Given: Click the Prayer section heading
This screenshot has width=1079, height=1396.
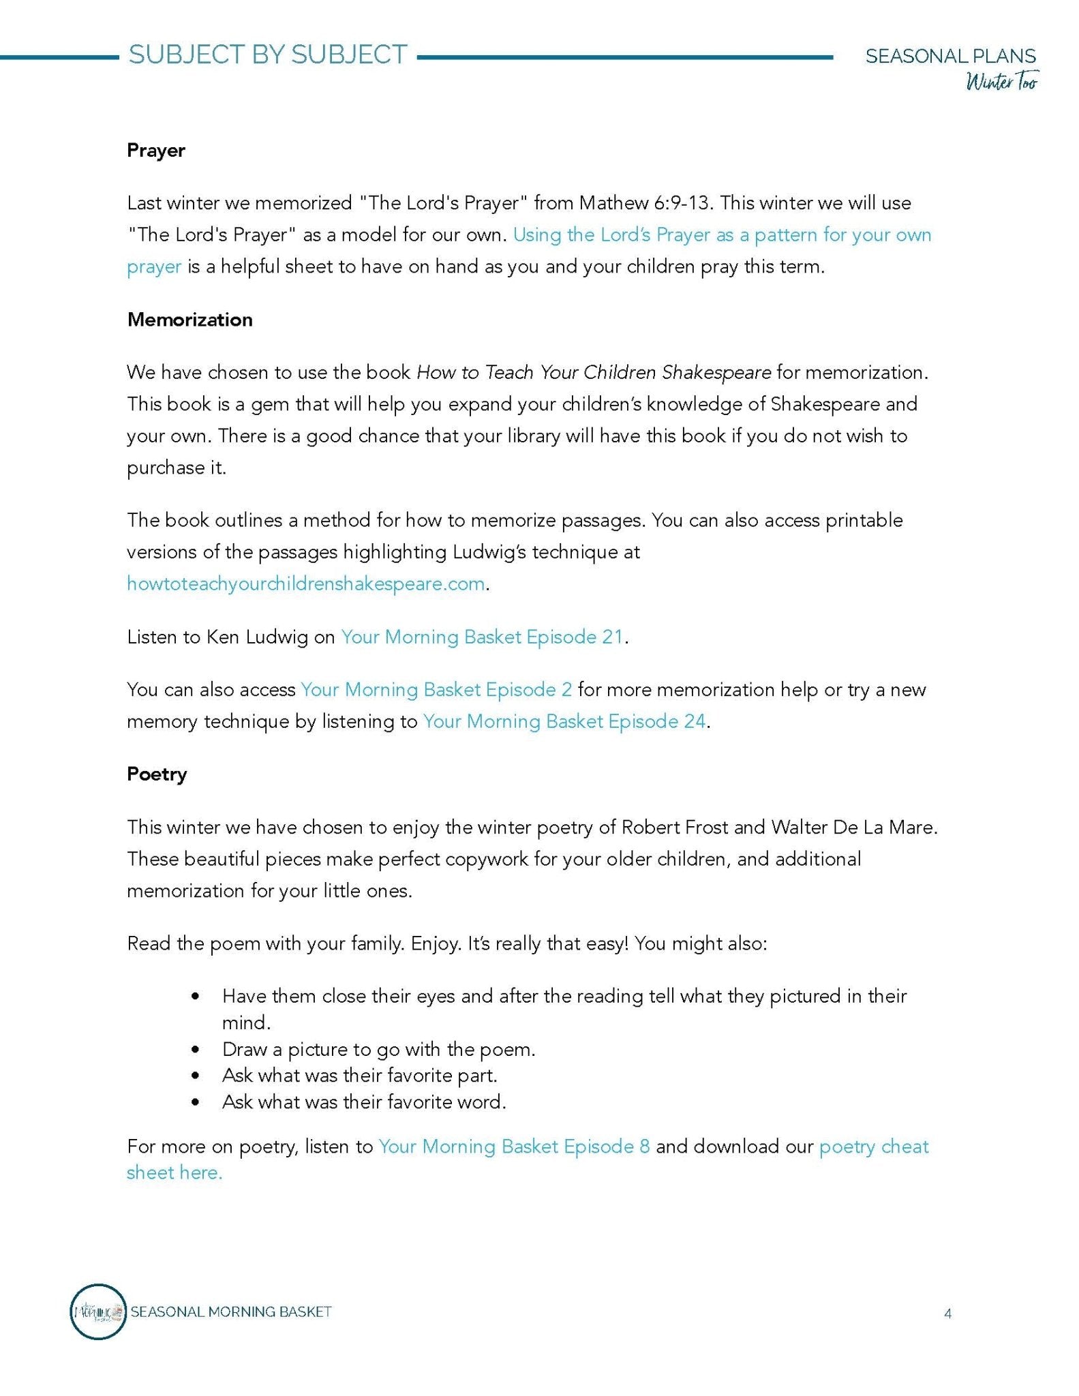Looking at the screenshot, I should tap(155, 151).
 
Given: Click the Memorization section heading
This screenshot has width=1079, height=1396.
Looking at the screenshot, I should tap(189, 320).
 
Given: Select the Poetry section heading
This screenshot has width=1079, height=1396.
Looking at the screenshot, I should tap(157, 774).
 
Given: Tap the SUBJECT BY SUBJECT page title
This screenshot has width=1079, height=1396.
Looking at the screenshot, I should tap(268, 55).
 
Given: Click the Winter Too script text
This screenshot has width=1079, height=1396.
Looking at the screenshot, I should tap(1001, 82).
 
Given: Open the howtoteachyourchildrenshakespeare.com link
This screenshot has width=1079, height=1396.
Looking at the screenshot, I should tap(305, 584).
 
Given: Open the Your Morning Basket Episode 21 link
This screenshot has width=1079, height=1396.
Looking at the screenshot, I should tap(482, 637).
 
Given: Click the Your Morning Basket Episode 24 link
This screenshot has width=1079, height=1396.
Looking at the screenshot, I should tap(564, 722).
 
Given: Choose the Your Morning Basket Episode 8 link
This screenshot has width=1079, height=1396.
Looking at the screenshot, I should tap(514, 1147).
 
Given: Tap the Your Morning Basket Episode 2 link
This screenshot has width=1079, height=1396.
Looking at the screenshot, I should tap(436, 690).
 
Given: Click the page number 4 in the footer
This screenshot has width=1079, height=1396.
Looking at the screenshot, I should tap(947, 1314).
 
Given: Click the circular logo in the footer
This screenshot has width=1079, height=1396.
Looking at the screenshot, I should tap(98, 1311).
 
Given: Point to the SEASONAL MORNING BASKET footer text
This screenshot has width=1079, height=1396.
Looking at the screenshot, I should tap(231, 1311).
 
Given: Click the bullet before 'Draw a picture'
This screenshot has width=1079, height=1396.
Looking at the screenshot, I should tap(196, 1050).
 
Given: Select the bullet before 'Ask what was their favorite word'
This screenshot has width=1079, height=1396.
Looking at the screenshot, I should tap(196, 1102).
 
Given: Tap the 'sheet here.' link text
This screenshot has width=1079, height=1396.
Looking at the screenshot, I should tap(174, 1173).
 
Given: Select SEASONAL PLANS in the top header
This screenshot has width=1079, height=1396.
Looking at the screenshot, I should tap(950, 56).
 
